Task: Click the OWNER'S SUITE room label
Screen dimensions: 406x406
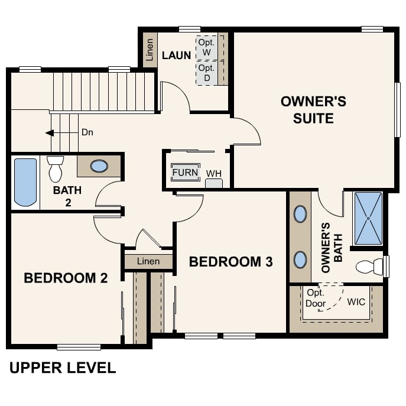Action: (x=313, y=109)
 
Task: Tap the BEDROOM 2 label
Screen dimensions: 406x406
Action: (x=66, y=278)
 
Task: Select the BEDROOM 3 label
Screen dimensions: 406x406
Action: (x=231, y=262)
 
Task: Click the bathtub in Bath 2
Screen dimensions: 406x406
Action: (x=25, y=181)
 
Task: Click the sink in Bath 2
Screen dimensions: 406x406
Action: (x=99, y=166)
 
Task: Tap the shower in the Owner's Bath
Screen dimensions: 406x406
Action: (x=368, y=218)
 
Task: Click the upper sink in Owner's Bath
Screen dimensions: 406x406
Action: (x=300, y=214)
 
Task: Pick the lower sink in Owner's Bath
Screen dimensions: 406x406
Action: (x=300, y=259)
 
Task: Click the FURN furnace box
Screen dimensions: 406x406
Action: (x=185, y=173)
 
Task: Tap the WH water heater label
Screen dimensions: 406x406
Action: (x=213, y=174)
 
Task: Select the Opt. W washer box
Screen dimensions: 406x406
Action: (x=207, y=47)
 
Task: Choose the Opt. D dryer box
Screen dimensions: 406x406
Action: (x=207, y=73)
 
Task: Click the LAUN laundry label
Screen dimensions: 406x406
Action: (x=177, y=56)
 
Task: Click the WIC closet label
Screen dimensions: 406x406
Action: (x=356, y=302)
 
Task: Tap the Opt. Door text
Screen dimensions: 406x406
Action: (x=316, y=299)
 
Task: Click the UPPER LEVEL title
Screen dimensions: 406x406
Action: (x=63, y=368)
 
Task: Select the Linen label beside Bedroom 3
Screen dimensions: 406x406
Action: (x=148, y=261)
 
